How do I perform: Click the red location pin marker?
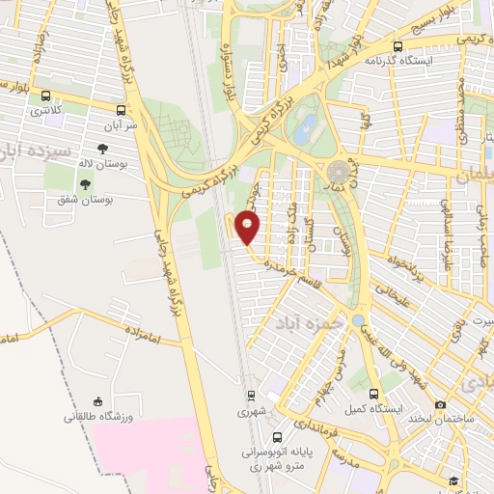click(248, 228)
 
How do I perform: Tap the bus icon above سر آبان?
click(122, 110)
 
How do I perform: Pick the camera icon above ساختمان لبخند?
click(441, 404)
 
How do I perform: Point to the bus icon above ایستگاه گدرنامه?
click(398, 45)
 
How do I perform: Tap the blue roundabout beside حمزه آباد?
click(358, 320)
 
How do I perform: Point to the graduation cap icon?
click(452, 480)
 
